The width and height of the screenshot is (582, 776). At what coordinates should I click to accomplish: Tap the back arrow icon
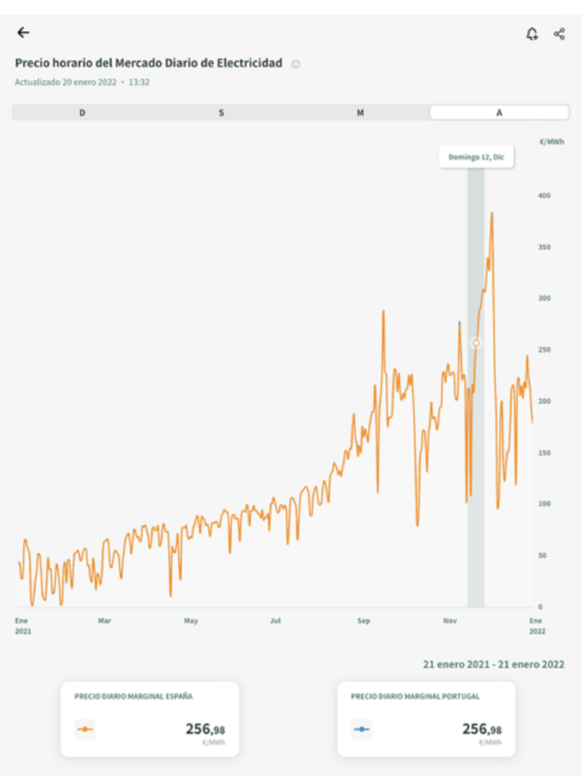23,33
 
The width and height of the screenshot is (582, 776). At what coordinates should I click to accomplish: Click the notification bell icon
532,34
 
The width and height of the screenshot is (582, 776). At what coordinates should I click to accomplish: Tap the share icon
559,34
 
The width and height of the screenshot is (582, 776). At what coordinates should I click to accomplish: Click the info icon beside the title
296,64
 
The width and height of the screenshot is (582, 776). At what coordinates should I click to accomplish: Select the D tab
82,113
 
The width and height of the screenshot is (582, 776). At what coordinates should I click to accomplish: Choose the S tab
221,113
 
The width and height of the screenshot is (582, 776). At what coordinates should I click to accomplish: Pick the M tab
360,113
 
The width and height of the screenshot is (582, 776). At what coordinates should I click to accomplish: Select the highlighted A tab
499,113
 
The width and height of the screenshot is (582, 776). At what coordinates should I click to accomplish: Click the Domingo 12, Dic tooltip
476,157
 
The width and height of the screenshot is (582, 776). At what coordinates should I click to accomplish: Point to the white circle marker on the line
476,343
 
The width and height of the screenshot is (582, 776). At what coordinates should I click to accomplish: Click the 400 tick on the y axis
544,195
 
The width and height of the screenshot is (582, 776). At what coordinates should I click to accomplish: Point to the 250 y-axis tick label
544,350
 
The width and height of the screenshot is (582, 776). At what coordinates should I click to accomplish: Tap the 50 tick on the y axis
542,556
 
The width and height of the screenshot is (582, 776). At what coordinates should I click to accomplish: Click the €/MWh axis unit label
552,141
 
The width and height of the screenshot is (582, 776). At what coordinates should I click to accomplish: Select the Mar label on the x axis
104,621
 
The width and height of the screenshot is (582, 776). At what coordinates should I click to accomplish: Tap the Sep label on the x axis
364,621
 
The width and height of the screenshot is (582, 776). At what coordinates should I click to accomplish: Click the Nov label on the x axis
450,621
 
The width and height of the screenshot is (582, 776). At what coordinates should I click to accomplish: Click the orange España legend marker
85,729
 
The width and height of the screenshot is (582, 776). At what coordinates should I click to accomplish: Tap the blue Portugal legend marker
361,729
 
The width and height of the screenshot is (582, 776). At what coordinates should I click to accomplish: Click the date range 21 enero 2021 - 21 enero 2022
494,664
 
